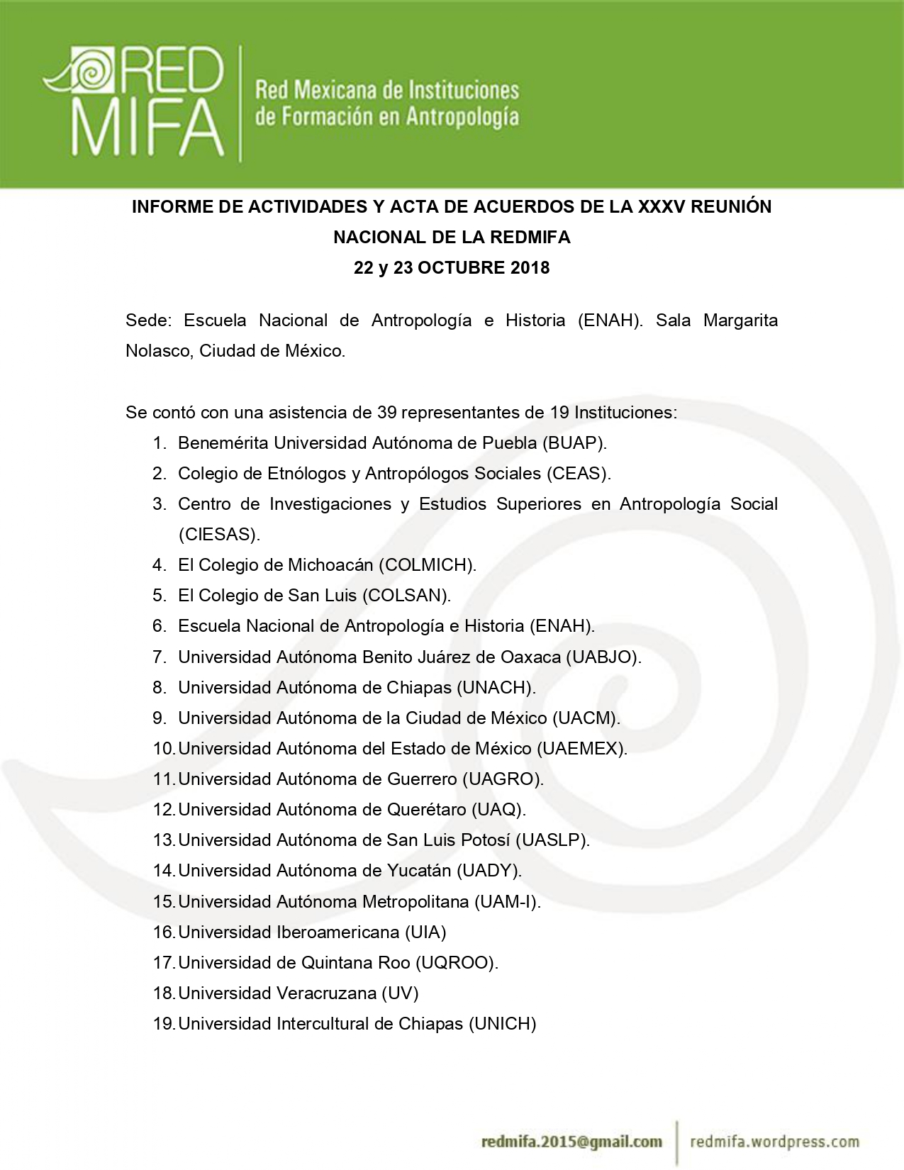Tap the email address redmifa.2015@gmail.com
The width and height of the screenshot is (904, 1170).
click(571, 1142)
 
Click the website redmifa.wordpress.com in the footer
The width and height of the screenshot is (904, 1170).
click(774, 1142)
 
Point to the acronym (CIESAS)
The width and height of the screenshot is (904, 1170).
click(219, 535)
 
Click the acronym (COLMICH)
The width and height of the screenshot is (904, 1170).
click(428, 565)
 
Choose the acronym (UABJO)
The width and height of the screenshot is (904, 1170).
click(603, 657)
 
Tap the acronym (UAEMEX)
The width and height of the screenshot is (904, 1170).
click(581, 749)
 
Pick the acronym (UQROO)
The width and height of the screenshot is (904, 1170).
click(457, 963)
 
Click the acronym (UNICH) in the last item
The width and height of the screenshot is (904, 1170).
click(503, 1024)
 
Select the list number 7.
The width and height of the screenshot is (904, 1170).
click(160, 657)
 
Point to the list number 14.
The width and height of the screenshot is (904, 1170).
click(164, 871)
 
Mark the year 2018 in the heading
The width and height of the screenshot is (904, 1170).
click(530, 268)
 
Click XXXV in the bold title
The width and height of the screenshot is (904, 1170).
click(662, 207)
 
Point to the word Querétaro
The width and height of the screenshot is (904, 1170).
click(426, 810)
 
